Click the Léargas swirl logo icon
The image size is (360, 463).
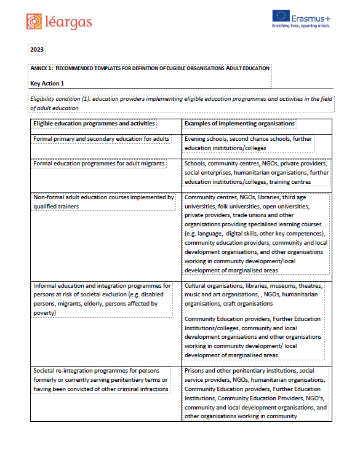pos(35,22)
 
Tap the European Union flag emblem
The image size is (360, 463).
pos(282,17)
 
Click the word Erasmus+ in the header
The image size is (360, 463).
pos(313,17)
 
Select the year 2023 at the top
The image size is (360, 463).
pos(37,50)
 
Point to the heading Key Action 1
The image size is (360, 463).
pos(47,83)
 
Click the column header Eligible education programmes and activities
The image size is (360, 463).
pos(94,124)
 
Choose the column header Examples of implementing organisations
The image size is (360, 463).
pos(239,124)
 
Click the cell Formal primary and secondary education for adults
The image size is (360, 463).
pos(102,139)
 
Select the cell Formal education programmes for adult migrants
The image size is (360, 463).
pos(99,164)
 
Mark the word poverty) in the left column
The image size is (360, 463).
pos(44,312)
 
